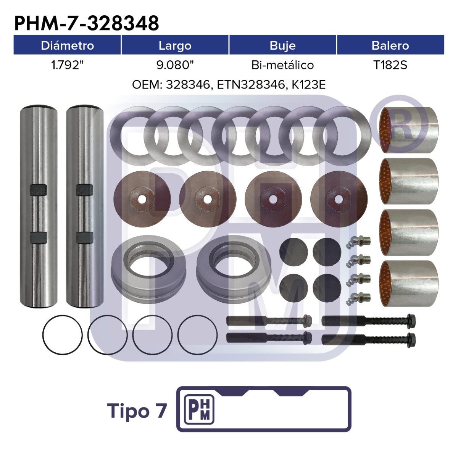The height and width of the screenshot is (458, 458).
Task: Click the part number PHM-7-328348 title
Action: (87, 23)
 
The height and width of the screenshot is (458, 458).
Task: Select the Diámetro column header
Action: (67, 45)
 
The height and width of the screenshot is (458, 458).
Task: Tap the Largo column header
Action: (175, 46)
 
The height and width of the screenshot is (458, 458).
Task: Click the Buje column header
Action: (282, 46)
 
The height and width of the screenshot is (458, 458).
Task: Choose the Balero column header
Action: (390, 45)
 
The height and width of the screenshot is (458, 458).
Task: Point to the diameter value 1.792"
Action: (68, 65)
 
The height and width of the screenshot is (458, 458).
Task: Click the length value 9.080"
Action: (175, 65)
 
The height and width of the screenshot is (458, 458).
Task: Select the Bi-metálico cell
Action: (282, 65)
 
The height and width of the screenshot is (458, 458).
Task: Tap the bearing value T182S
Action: (390, 65)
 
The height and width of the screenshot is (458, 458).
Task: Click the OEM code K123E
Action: (308, 85)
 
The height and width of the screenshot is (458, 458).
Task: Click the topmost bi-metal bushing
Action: (408, 130)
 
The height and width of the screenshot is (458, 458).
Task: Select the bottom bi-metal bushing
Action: (408, 283)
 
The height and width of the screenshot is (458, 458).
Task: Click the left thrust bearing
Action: (148, 269)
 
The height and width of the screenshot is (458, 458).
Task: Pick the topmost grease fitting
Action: (358, 242)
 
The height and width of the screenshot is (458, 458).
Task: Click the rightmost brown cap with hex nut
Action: (339, 199)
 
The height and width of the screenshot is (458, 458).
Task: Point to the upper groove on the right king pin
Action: (84, 190)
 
